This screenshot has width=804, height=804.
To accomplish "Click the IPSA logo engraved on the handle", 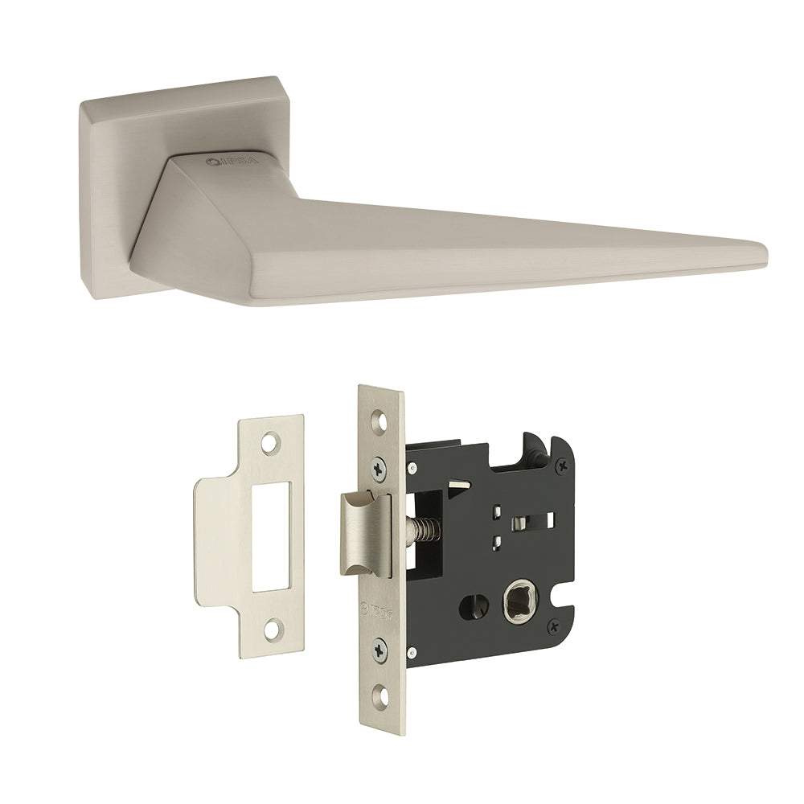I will [x=229, y=161].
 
